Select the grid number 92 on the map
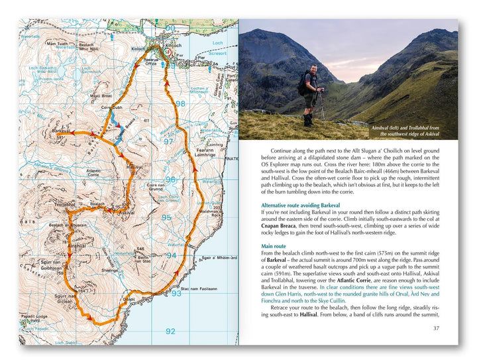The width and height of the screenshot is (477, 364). pos(170,331)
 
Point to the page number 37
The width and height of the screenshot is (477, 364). pos(435,328)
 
